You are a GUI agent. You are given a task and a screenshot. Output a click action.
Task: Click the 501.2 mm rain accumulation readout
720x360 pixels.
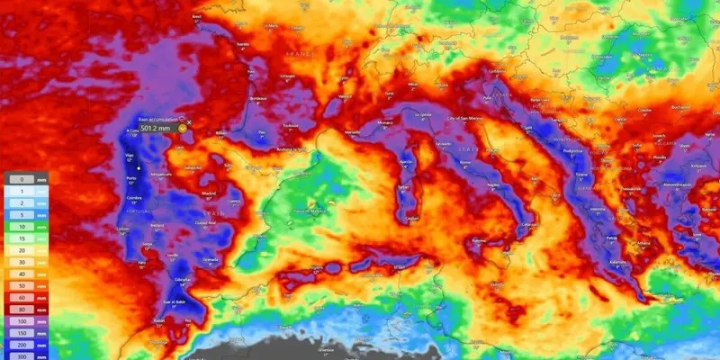click(x=155, y=128)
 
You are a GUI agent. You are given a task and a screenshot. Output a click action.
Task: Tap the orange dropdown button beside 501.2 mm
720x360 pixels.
click(x=183, y=129)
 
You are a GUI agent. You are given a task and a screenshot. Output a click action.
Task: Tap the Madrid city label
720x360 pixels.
click(x=210, y=192)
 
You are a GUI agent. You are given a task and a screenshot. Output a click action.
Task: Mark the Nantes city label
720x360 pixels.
click(x=241, y=42)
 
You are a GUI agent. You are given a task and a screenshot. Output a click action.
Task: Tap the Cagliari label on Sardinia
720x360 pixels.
click(x=413, y=217)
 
